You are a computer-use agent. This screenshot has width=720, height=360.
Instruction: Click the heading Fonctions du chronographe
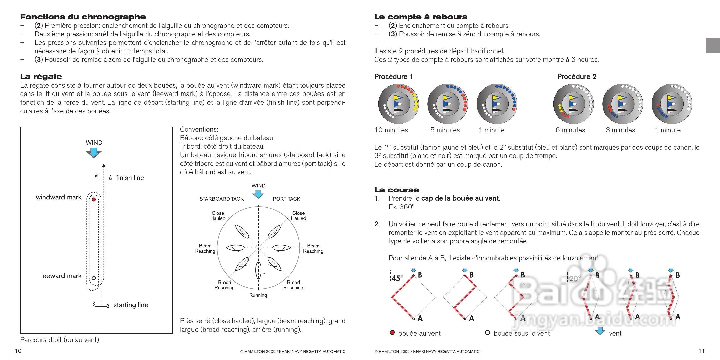click(x=83, y=17)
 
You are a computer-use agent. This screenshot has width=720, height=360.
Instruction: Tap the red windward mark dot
click(x=94, y=200)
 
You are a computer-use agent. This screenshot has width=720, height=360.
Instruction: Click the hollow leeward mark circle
click(x=94, y=278)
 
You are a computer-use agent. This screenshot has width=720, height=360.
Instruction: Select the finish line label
click(x=130, y=178)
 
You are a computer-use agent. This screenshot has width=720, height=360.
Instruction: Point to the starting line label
click(x=131, y=305)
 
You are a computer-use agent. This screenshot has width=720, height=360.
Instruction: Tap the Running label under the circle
click(x=258, y=295)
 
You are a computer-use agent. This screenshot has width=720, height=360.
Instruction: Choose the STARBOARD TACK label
click(x=221, y=199)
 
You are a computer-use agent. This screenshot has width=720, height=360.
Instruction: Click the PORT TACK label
click(x=286, y=199)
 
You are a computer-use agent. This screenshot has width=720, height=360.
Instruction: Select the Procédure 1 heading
click(x=393, y=76)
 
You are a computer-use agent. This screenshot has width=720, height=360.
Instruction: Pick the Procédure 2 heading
click(x=576, y=76)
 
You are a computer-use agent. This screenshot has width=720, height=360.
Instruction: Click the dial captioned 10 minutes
click(x=398, y=104)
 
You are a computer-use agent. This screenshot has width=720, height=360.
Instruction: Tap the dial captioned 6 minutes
click(x=573, y=104)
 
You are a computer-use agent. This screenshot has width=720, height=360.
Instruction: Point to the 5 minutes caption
click(x=445, y=130)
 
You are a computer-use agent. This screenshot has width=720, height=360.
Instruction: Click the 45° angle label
click(x=397, y=278)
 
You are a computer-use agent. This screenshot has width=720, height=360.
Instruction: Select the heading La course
click(x=396, y=190)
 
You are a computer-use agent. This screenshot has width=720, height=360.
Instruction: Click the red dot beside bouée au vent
click(x=392, y=333)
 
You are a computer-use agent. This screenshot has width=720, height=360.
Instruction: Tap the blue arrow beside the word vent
click(x=600, y=332)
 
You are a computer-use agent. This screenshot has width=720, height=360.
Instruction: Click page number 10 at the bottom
click(x=18, y=351)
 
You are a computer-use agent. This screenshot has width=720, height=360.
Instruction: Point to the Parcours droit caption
click(x=59, y=340)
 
